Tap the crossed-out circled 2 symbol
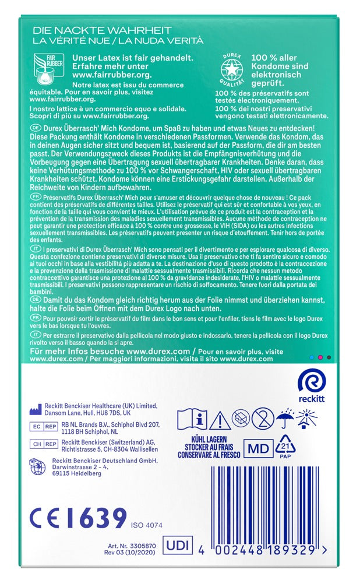click(x=263, y=419)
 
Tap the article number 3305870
click(x=137, y=545)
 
